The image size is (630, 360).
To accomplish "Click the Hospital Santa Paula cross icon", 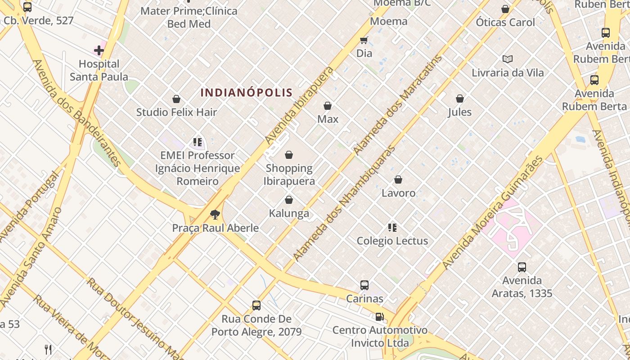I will click(99, 50).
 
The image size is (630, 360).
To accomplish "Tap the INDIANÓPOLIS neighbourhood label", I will click(247, 93).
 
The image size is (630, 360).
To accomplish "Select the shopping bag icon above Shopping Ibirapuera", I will click(289, 155).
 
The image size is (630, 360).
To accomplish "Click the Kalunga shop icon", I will click(289, 200).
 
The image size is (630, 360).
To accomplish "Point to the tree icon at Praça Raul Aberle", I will click(215, 214).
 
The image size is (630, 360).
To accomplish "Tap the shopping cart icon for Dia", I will click(364, 40).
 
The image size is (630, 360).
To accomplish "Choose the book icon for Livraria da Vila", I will click(508, 59).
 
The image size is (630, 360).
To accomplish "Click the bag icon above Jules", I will click(460, 99).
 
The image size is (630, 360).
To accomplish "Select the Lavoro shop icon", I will click(398, 180).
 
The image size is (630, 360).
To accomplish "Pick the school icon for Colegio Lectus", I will click(392, 228).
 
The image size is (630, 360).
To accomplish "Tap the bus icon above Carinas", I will click(364, 285).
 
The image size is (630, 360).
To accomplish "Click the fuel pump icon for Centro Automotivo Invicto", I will click(379, 317).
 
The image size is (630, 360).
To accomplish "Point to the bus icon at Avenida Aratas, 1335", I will click(522, 267).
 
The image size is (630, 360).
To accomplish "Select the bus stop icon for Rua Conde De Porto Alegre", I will click(256, 306).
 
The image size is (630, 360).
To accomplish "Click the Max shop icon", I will click(328, 106).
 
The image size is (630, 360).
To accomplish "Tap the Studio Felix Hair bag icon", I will click(176, 99).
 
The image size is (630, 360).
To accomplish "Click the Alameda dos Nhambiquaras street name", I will click(344, 203).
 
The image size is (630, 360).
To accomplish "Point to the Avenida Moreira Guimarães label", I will click(493, 213).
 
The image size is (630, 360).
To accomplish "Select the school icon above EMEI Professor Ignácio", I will click(197, 142).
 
